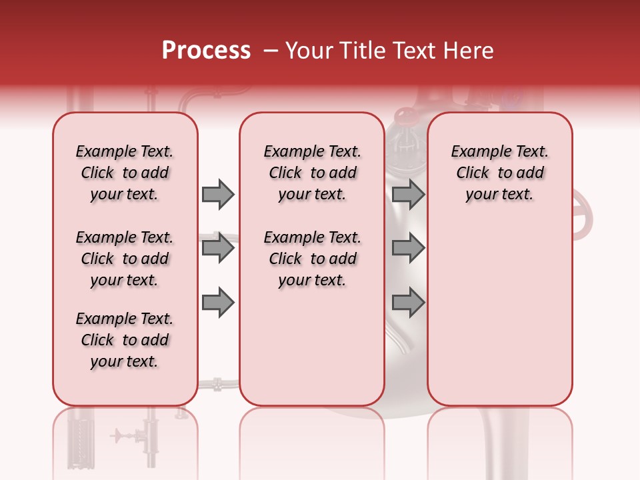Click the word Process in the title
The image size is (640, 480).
point(206,51)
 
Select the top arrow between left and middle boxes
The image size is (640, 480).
point(218,194)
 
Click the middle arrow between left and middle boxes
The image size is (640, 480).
point(218,249)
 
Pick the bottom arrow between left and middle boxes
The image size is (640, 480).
point(218,303)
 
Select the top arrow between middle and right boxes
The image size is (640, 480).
point(408,194)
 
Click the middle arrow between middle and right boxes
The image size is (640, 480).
point(408,249)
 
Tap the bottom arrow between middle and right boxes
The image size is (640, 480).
point(408,303)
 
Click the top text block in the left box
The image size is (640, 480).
point(125,173)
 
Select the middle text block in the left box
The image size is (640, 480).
point(125,259)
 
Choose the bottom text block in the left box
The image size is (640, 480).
point(125,340)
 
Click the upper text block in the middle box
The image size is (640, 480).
point(312,173)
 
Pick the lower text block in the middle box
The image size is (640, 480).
point(312,259)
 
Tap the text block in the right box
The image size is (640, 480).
point(499,173)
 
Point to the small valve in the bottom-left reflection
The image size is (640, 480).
point(121,436)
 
